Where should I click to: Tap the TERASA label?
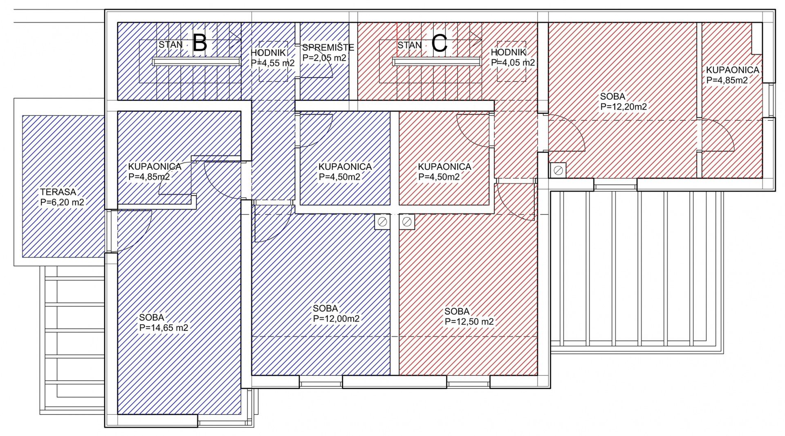click(58, 192)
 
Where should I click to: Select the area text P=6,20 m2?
click(62, 202)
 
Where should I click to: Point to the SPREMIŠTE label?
click(328, 47)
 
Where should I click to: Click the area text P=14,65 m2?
click(164, 328)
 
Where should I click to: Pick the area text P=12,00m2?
click(336, 319)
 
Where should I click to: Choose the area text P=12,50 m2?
click(469, 322)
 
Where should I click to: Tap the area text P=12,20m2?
click(624, 107)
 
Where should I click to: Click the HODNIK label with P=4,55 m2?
click(268, 53)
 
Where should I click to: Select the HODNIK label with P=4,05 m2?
click(508, 52)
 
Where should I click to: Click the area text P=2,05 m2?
click(324, 58)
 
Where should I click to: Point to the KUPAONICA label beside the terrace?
click(155, 167)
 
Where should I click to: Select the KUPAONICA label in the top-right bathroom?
click(733, 70)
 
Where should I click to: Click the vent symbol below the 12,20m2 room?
click(558, 170)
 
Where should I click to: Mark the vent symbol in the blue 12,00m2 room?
click(382, 222)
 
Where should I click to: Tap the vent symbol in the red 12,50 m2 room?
click(407, 222)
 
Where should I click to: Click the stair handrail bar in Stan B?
click(196, 61)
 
